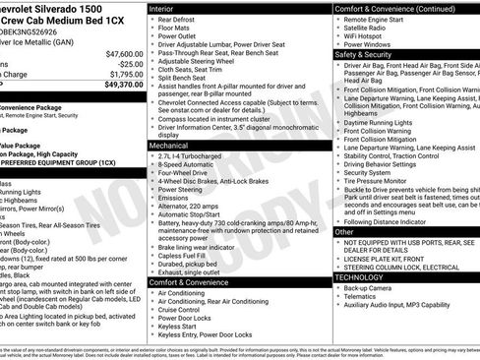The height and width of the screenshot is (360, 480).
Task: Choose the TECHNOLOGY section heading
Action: (360, 276)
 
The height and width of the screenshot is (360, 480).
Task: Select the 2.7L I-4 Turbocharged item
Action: (194, 156)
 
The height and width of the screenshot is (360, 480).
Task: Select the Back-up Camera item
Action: (369, 289)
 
